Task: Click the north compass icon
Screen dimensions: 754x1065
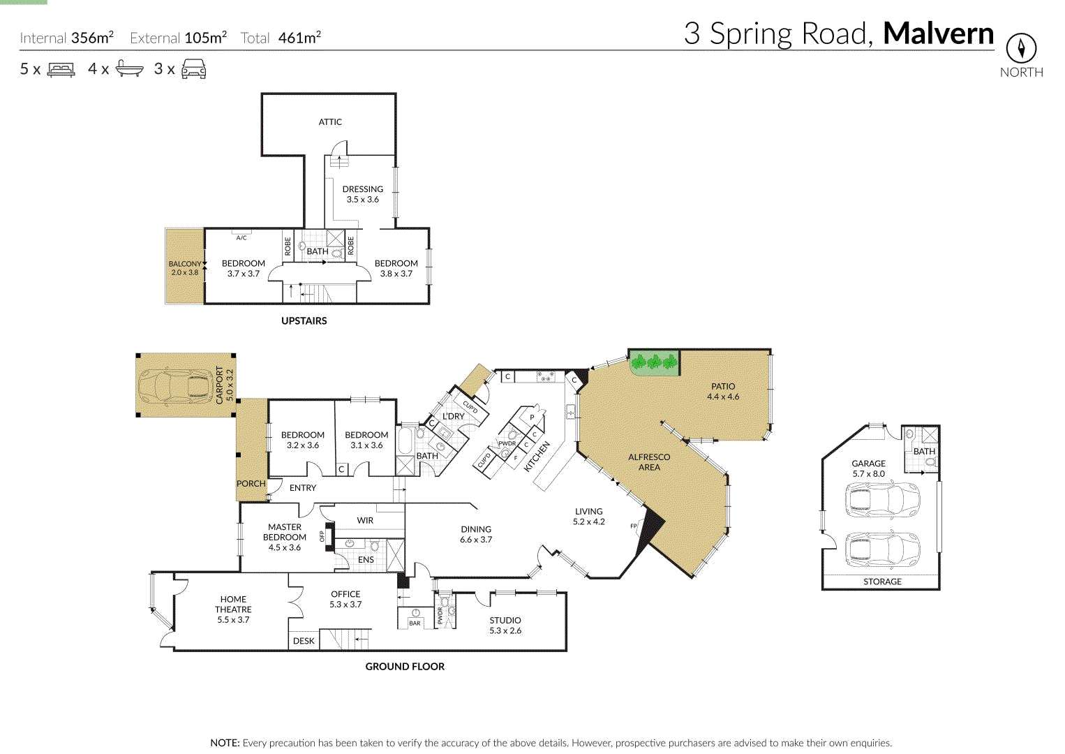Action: point(1021,48)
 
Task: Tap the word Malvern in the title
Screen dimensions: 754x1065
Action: point(938,34)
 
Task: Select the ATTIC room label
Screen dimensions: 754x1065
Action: point(330,122)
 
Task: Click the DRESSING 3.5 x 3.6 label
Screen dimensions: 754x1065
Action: point(362,194)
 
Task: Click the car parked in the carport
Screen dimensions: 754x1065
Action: point(175,386)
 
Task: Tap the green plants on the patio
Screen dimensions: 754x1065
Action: point(654,362)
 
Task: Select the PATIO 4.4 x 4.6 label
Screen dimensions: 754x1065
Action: point(723,391)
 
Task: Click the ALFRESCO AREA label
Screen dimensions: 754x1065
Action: point(649,462)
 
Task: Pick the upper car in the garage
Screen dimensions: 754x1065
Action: point(882,499)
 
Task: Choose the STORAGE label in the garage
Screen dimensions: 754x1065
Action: point(882,582)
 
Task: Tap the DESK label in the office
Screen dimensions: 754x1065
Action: point(304,641)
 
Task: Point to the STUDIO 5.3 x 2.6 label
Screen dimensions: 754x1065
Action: point(505,625)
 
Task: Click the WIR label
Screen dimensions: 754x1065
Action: point(365,521)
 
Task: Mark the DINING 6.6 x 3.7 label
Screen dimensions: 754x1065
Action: point(476,534)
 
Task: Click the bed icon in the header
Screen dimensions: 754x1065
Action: point(61,70)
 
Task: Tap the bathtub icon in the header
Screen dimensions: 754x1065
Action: point(129,69)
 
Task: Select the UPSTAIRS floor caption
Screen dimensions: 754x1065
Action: point(304,321)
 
